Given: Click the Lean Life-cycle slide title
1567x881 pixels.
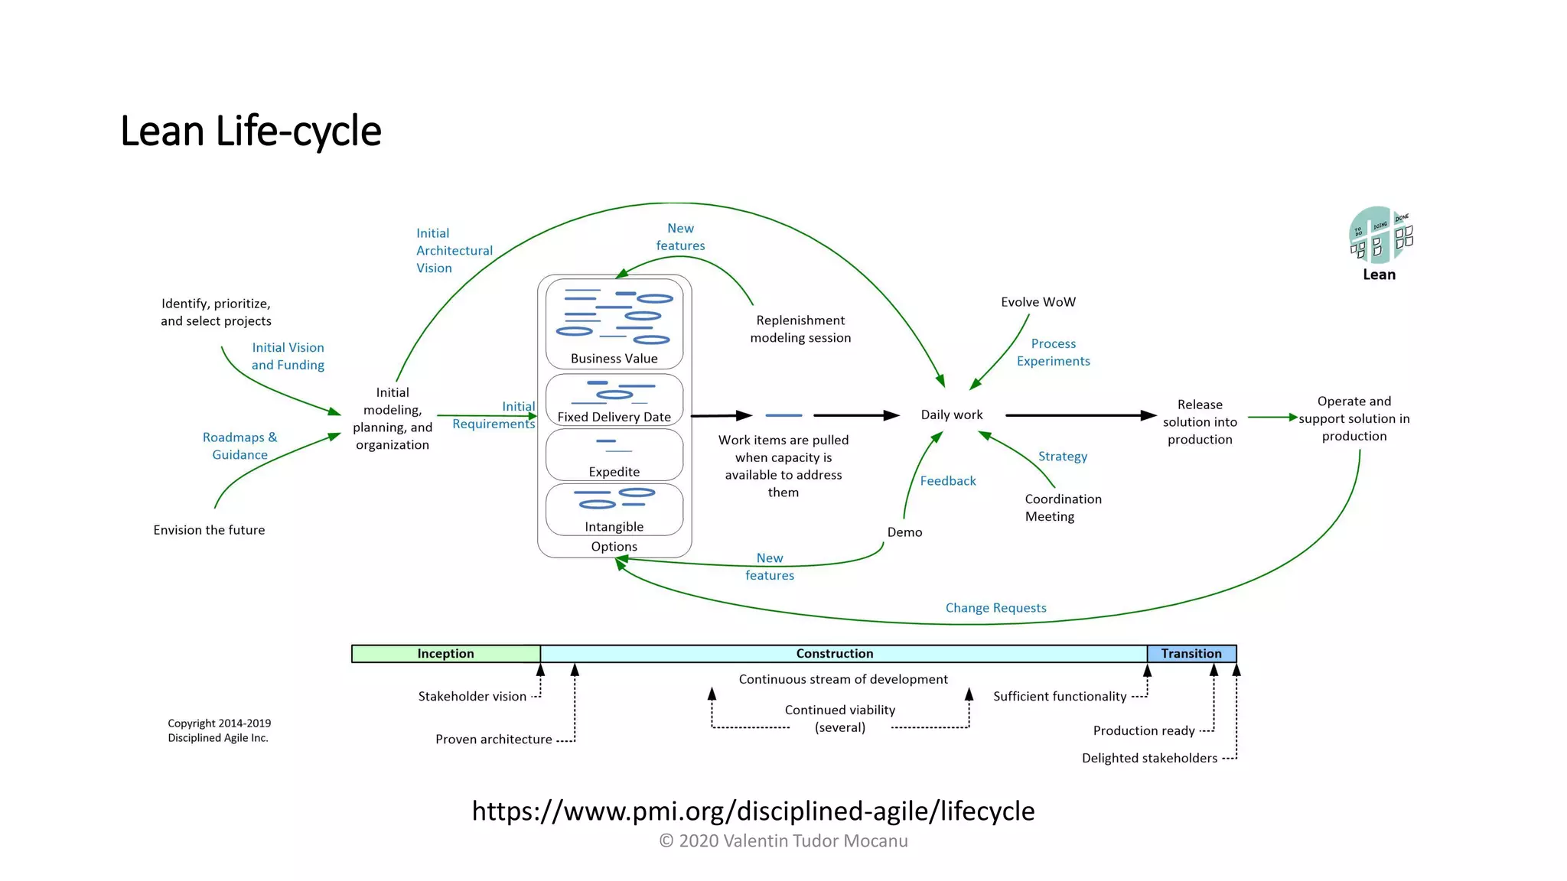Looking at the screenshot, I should [x=250, y=131].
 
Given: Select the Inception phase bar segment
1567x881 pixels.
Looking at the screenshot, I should [x=445, y=654].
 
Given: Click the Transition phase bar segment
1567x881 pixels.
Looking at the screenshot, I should [x=1191, y=654].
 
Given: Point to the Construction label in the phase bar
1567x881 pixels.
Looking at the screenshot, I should [x=834, y=654].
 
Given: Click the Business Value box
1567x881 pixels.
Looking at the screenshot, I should [x=614, y=324].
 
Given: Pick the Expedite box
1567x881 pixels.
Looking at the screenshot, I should [x=614, y=455].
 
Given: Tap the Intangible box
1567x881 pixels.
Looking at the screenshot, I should [x=614, y=509].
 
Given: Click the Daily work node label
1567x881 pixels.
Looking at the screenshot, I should [x=951, y=414].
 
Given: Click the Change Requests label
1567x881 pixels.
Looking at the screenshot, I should [x=995, y=608].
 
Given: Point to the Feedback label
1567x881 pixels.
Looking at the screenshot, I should [x=948, y=481].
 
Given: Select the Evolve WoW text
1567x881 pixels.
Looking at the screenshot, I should [x=1038, y=302].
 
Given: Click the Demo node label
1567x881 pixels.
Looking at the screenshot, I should [x=904, y=532].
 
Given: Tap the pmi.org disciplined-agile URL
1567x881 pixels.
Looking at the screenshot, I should [x=753, y=811].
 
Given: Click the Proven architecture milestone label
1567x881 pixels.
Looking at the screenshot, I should [x=494, y=740].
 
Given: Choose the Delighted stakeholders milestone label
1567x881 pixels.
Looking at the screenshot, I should [x=1149, y=759].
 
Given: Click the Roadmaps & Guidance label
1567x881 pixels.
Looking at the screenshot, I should [x=239, y=446].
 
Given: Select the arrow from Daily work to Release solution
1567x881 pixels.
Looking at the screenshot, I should [x=1079, y=415].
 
